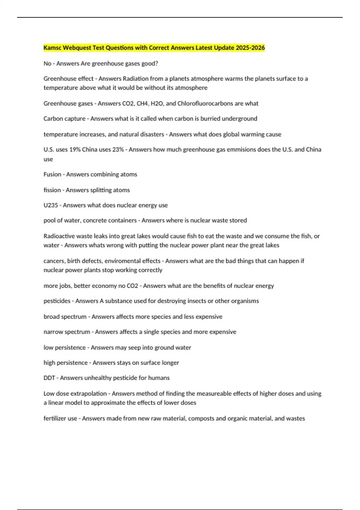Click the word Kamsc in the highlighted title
click(x=52, y=48)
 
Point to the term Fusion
click(x=52, y=174)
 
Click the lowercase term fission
click(x=52, y=190)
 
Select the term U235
click(x=50, y=205)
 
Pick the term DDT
click(x=49, y=378)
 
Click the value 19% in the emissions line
click(x=75, y=149)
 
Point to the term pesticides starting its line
click(x=57, y=301)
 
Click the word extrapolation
click(x=88, y=394)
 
